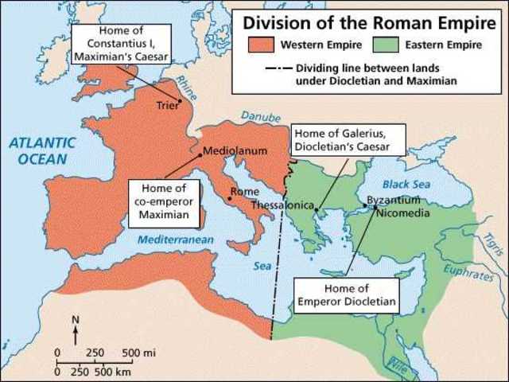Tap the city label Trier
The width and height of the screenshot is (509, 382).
[x=168, y=103]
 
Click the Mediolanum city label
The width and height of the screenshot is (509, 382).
[x=235, y=150]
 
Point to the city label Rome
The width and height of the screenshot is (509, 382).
[x=243, y=191]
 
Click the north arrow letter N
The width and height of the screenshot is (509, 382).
[x=76, y=320]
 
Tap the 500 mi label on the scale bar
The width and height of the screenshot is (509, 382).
[x=138, y=352]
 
